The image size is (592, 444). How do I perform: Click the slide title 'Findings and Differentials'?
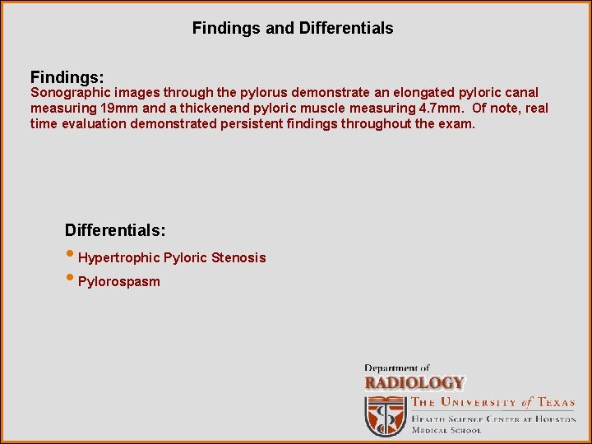tap(293, 28)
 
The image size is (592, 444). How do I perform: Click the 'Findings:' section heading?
tap(67, 77)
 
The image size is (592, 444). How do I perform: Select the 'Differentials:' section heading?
tap(115, 229)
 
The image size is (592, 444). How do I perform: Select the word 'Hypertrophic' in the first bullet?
tap(118, 258)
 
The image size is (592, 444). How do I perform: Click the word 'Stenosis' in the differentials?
tap(238, 258)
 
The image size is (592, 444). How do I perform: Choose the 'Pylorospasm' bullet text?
tap(119, 282)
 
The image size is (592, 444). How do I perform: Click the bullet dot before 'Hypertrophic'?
tap(70, 256)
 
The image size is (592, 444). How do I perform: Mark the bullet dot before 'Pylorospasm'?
tap(70, 280)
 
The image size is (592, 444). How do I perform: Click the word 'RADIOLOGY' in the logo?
tap(414, 383)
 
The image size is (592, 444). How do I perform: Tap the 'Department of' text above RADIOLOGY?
tap(397, 368)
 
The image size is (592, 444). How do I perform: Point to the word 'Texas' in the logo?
tap(555, 403)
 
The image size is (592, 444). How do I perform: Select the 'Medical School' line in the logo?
tap(446, 430)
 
